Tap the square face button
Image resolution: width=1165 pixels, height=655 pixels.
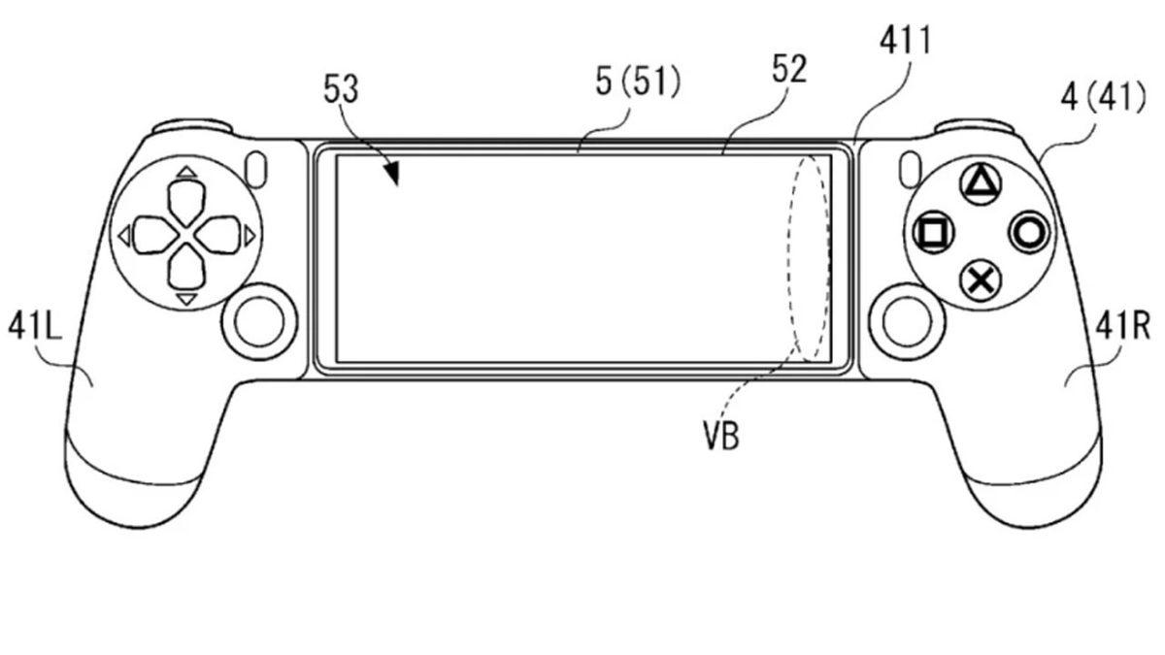934,232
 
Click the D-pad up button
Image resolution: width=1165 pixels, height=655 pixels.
187,201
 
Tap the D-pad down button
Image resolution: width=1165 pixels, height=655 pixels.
187,265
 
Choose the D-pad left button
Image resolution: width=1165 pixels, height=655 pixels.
154,234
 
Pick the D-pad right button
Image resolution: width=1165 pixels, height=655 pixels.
219,234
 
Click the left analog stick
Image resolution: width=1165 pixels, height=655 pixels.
259,319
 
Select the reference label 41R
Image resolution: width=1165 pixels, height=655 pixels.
1126,328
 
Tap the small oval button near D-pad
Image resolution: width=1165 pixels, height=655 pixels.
258,169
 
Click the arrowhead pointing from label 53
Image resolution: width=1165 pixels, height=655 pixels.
391,176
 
